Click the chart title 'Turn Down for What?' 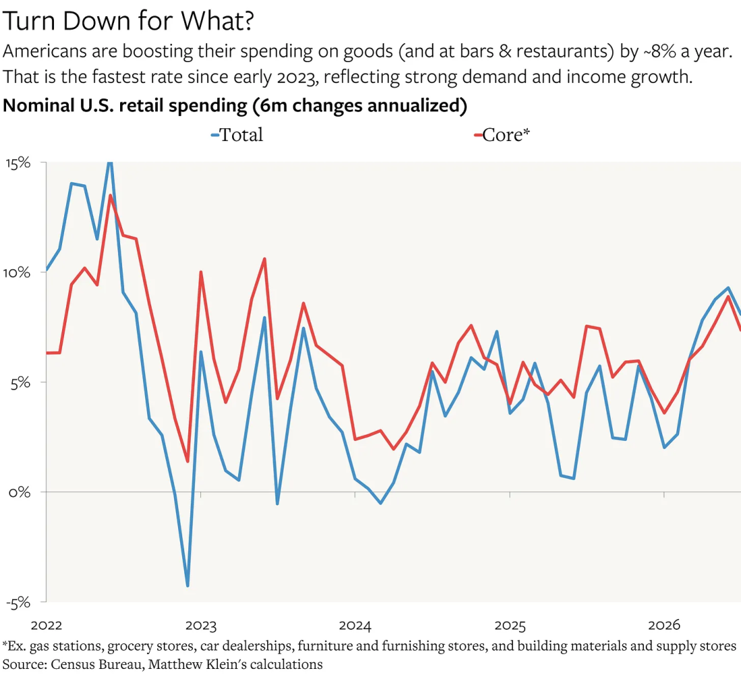128,22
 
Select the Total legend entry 237,135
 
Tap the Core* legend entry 502,135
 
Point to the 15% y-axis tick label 18,163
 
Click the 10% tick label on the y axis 17,273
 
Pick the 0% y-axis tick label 20,493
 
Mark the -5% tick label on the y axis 18,603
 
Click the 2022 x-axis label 47,625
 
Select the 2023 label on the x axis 201,625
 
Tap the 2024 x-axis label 355,625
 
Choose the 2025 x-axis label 510,625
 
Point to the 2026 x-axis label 664,625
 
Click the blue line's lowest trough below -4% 188,586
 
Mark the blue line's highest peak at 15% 110,163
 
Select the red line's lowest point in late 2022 188,461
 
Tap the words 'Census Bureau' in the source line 97,665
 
